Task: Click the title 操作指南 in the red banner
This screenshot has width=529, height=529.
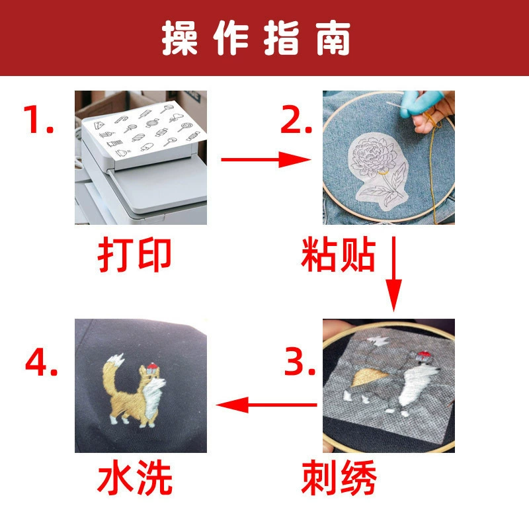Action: pyautogui.click(x=256, y=38)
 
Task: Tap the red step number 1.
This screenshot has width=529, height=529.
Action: pyautogui.click(x=38, y=119)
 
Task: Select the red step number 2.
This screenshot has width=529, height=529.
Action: pyautogui.click(x=296, y=119)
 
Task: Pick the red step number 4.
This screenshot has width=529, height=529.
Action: pyautogui.click(x=41, y=362)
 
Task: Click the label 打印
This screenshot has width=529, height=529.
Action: pyautogui.click(x=135, y=255)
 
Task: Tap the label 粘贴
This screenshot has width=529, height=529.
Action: pyautogui.click(x=338, y=255)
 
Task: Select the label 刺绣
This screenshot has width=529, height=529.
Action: pyautogui.click(x=339, y=477)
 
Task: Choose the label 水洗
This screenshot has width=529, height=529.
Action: pyautogui.click(x=135, y=477)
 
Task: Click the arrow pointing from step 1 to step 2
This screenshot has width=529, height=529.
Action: pyautogui.click(x=266, y=159)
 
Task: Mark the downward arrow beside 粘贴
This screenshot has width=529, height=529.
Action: pyautogui.click(x=393, y=274)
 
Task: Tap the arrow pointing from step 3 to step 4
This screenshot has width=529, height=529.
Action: pyautogui.click(x=266, y=405)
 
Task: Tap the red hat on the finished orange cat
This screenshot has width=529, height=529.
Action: pyautogui.click(x=152, y=367)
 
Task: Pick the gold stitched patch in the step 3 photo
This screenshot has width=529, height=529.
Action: pyautogui.click(x=370, y=377)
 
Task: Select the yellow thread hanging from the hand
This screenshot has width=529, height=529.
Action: pyautogui.click(x=433, y=169)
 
